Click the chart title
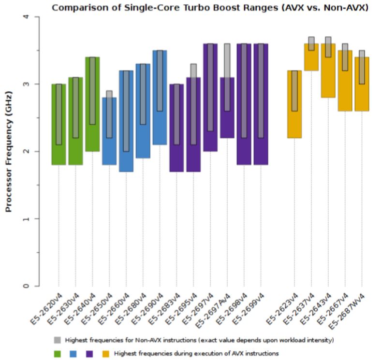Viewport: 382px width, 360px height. point(210,8)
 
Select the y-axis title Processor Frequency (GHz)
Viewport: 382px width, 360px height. point(8,152)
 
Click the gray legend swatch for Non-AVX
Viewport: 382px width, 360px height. point(58,339)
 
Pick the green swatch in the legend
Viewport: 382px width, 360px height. point(58,353)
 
